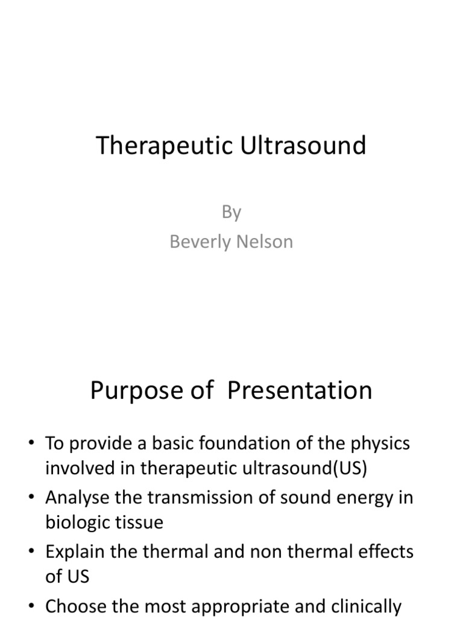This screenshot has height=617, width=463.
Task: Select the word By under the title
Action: (x=231, y=212)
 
